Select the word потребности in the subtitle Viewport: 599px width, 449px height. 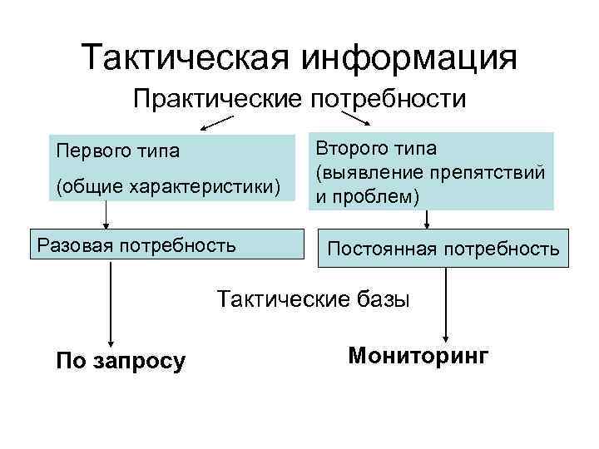coord(389,100)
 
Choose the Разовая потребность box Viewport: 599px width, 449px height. coord(162,245)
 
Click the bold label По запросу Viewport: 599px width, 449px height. coord(120,361)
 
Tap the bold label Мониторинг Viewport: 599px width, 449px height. coord(418,355)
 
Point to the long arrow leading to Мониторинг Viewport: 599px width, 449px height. coord(448,303)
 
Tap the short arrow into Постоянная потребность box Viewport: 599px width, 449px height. coord(427,220)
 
